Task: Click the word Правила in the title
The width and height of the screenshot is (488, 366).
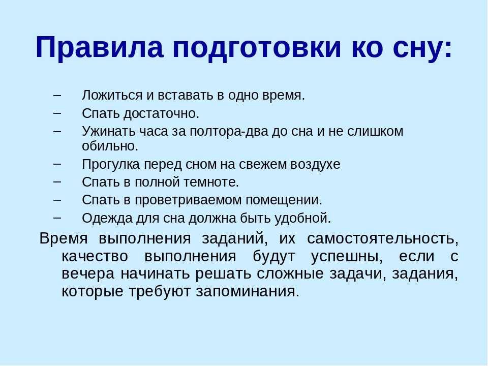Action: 100,47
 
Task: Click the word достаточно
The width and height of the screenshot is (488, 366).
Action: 161,113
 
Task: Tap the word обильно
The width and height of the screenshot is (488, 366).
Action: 110,146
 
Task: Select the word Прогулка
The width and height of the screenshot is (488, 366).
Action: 111,164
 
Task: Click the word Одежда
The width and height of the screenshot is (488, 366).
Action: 107,218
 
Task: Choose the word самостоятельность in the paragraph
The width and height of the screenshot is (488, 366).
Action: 382,239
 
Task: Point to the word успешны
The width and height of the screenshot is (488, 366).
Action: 347,257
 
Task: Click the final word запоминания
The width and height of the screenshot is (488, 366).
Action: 248,292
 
